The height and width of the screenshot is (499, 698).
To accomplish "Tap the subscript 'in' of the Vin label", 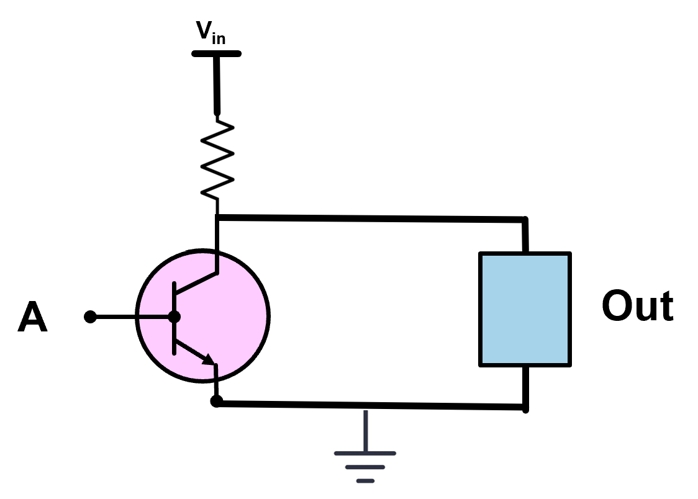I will coord(218,39).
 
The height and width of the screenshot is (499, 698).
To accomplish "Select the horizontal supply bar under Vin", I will coord(216,53).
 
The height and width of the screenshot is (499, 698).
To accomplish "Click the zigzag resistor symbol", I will coord(218,160).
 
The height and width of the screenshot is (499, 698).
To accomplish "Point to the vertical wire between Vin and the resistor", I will coord(217,84).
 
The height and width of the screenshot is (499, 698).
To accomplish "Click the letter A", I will coord(32,318).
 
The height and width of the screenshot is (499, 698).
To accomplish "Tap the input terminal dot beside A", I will coord(90,317).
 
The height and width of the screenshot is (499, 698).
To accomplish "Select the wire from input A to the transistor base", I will coord(130,317).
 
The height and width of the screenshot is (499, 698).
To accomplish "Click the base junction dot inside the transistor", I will coord(175,317).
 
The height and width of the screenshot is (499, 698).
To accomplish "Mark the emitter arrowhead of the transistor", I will coord(209,359).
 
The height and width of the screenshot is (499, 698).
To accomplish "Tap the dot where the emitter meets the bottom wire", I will coord(216,402).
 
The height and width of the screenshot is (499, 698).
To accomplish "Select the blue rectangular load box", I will coord(525,309).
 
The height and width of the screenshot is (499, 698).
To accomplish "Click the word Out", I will coord(637,307).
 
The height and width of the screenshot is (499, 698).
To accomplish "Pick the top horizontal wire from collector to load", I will coord(373,218).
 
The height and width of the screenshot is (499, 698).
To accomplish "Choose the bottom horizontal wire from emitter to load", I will coord(373,405).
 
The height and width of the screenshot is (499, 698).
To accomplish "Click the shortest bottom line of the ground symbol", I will coord(365,480).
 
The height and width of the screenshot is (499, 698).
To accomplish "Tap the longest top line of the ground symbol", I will coord(365,453).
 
